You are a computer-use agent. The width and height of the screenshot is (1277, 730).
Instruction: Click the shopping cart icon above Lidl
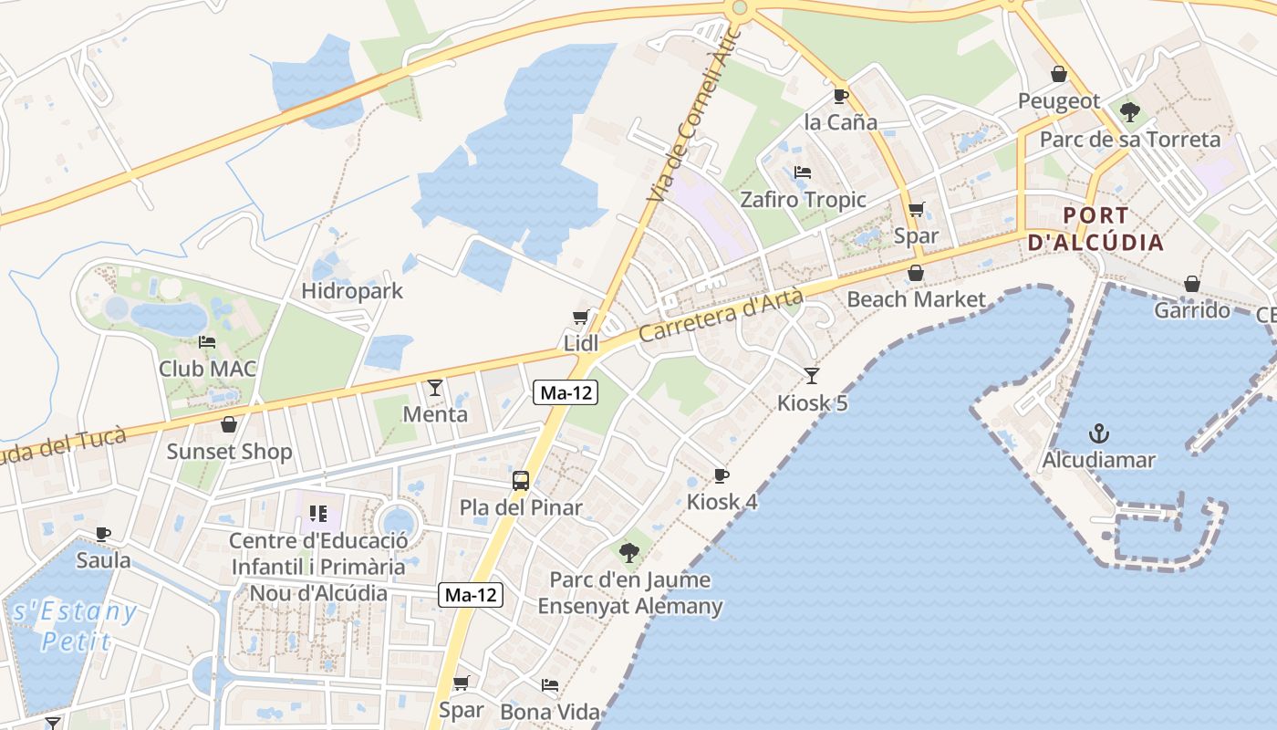point(580,318)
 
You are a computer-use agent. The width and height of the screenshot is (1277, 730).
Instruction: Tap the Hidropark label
point(352,292)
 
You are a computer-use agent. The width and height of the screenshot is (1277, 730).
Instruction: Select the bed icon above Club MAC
point(207,342)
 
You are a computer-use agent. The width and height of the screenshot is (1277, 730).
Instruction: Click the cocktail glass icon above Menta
point(435,387)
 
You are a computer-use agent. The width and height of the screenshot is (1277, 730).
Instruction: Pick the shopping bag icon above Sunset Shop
point(229,424)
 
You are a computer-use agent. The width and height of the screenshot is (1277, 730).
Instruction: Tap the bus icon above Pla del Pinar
point(521,480)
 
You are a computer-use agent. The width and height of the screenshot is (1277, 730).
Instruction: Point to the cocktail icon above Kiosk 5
point(812,375)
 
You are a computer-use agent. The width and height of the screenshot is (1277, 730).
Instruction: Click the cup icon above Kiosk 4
point(721,475)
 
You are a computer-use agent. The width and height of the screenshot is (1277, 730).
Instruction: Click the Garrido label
point(1192,310)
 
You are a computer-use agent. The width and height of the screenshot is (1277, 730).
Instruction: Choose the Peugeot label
point(1059,101)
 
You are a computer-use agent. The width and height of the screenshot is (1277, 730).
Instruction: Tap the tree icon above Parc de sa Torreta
point(1129,112)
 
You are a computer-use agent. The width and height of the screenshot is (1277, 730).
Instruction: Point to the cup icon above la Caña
point(841,96)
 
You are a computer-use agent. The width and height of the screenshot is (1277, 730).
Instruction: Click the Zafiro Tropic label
point(803,200)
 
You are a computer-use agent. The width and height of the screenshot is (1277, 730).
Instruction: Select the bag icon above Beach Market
point(916,273)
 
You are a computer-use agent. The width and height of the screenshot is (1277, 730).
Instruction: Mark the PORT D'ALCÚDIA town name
point(1095,229)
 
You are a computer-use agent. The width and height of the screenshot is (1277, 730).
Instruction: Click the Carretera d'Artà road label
point(721,316)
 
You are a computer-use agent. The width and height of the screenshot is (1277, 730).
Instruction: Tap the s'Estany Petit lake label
point(75,625)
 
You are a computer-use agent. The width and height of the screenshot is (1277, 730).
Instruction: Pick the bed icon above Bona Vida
point(549,684)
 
